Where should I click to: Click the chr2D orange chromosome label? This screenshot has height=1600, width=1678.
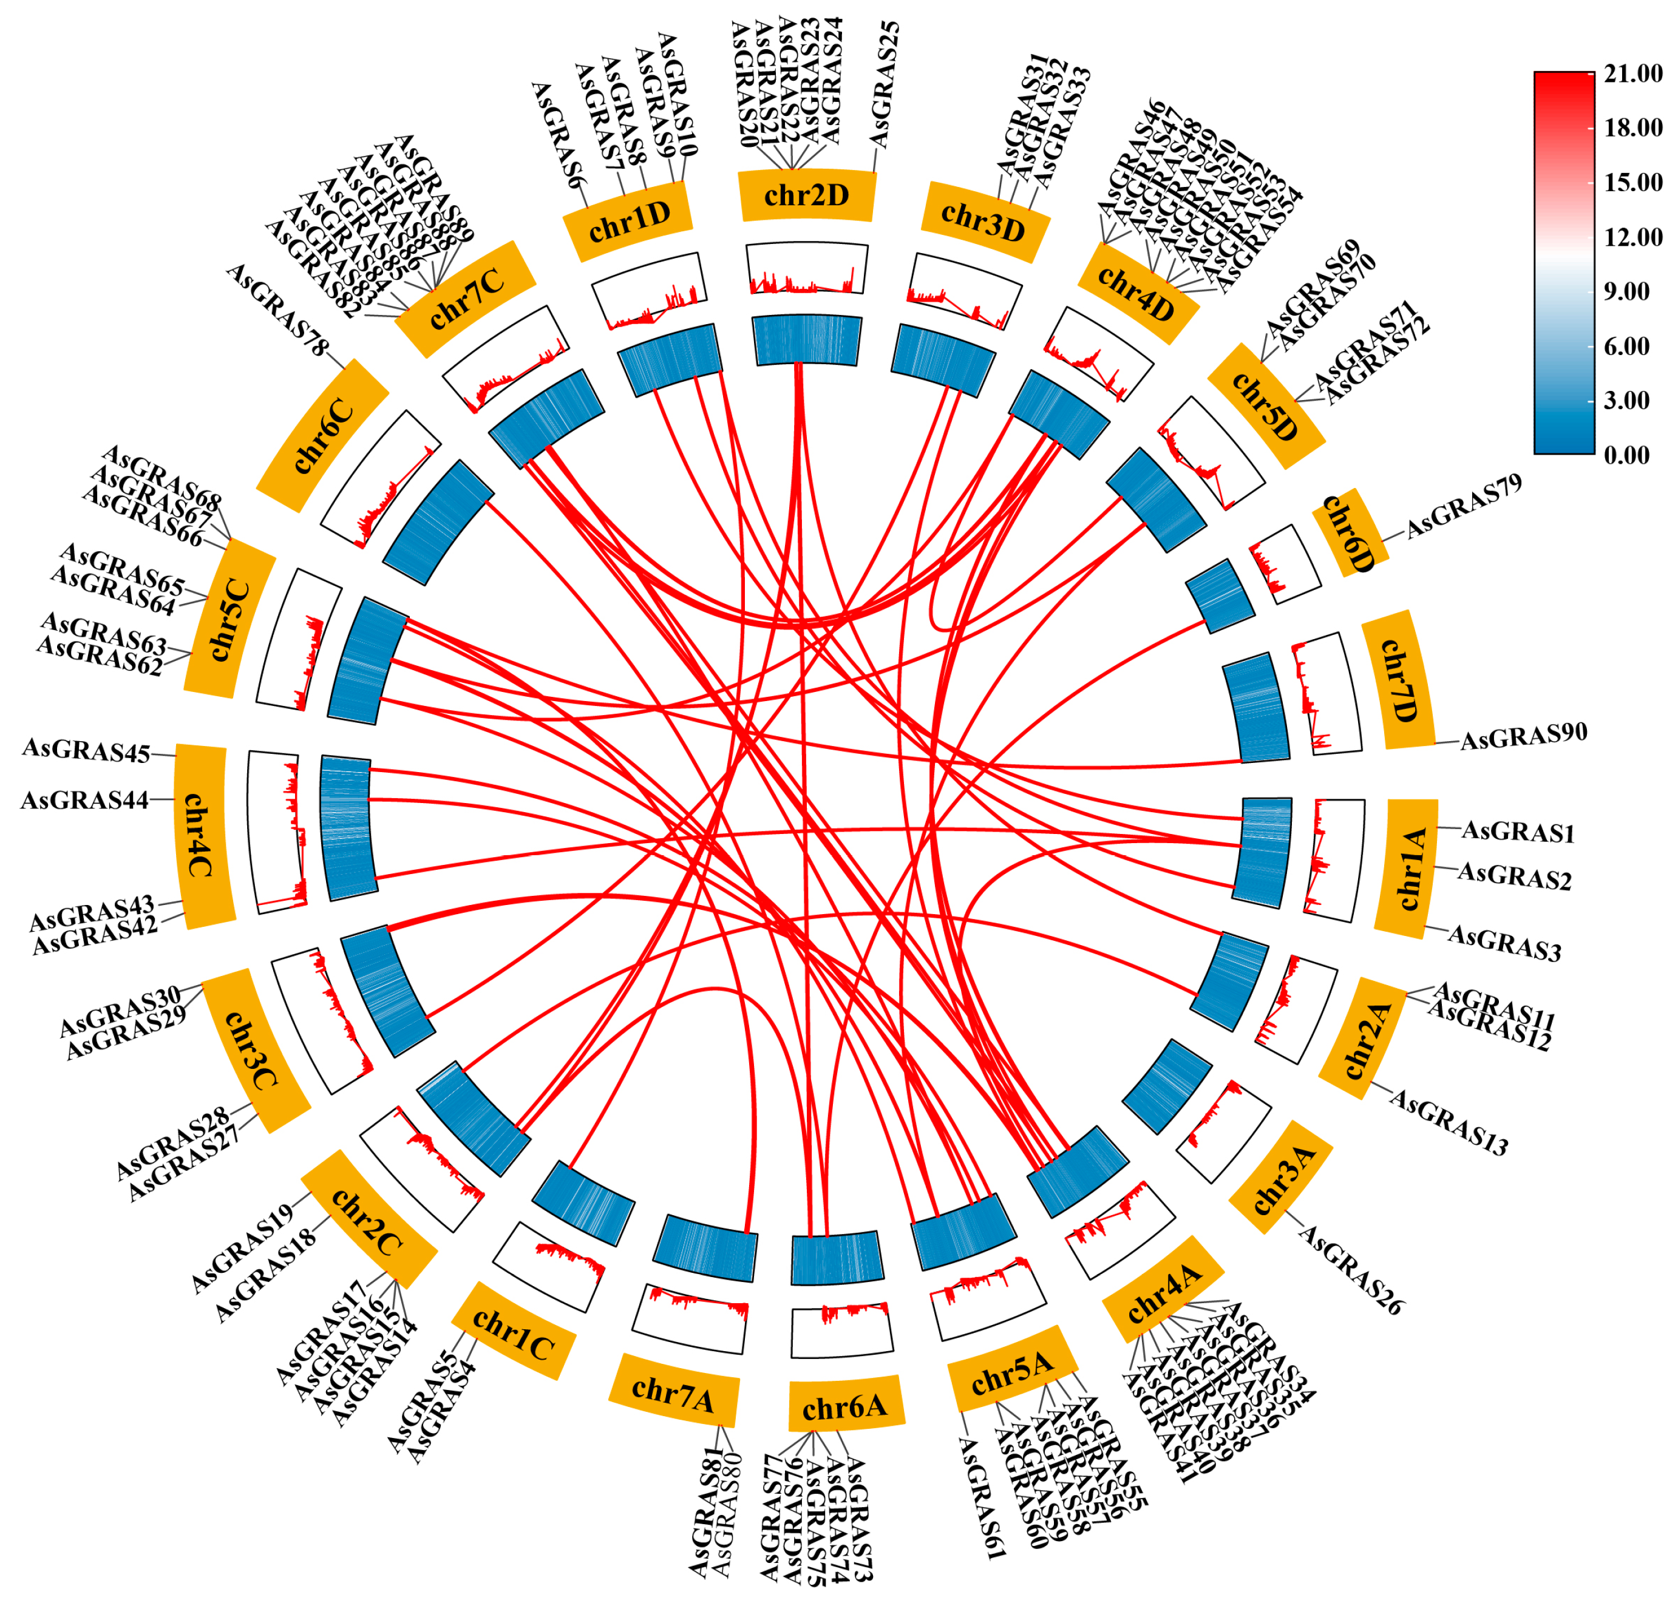click(x=806, y=195)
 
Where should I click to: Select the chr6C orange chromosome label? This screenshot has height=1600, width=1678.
click(x=322, y=436)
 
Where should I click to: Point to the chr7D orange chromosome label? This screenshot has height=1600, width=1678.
click(x=1398, y=680)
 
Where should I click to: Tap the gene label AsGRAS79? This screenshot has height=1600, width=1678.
click(x=1463, y=507)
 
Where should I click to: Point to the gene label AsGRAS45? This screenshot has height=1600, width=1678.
click(x=86, y=751)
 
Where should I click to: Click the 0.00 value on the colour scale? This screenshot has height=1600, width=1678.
click(x=1626, y=455)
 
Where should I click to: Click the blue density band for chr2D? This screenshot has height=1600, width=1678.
click(x=807, y=341)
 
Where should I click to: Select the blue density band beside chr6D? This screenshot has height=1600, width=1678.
click(x=1220, y=595)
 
